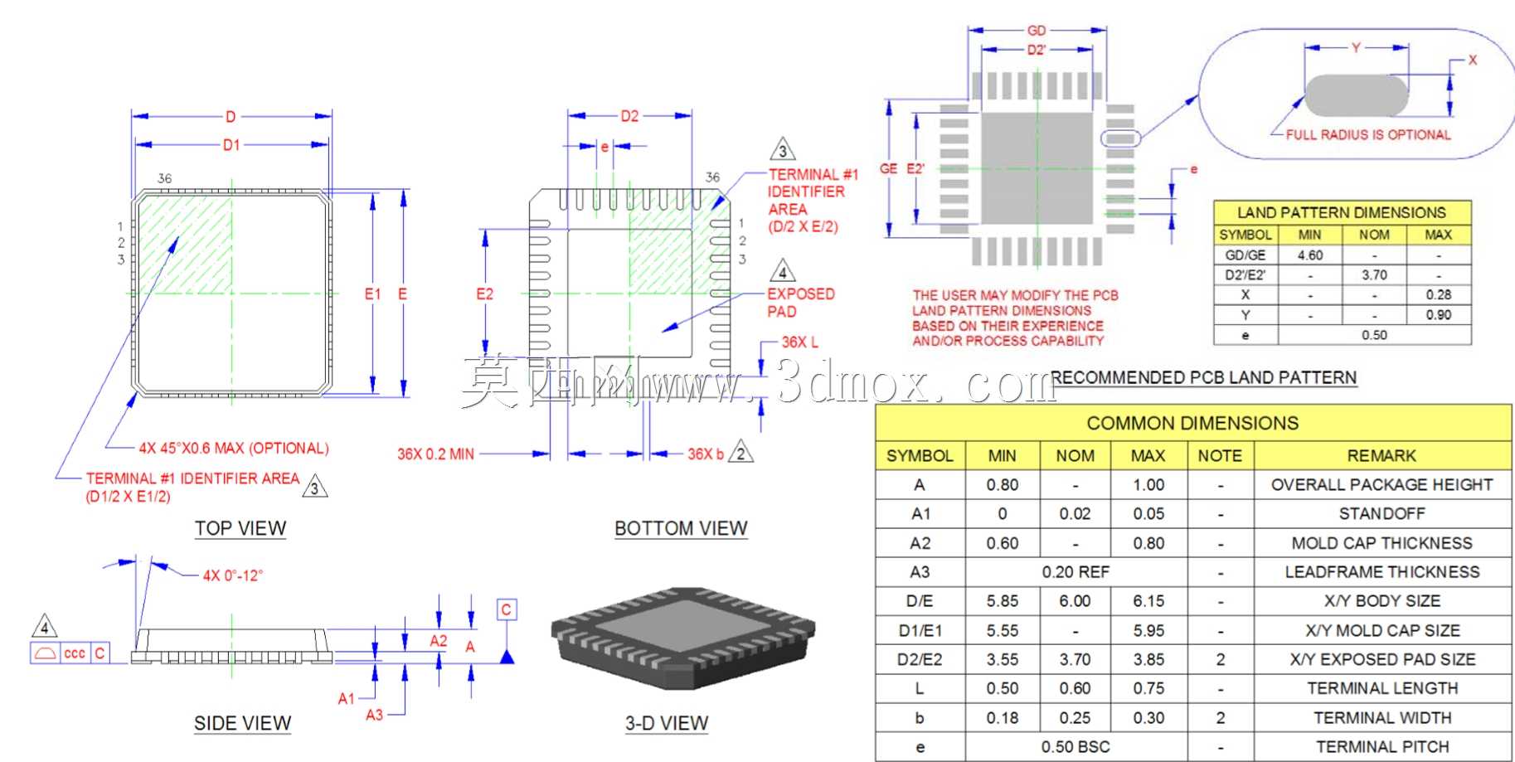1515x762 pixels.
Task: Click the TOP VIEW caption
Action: pyautogui.click(x=240, y=528)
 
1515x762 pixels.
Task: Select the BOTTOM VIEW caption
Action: pyautogui.click(x=681, y=528)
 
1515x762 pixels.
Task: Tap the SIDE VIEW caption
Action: pyautogui.click(x=242, y=723)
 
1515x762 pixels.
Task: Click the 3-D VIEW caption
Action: pyautogui.click(x=667, y=723)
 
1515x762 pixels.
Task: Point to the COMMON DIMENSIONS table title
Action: pyautogui.click(x=1192, y=423)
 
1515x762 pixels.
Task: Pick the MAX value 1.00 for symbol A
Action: pyautogui.click(x=1148, y=485)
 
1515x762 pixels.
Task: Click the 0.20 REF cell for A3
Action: pyautogui.click(x=1076, y=572)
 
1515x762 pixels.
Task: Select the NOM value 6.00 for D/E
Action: pyautogui.click(x=1075, y=601)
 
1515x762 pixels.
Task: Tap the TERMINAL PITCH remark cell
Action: pyautogui.click(x=1382, y=747)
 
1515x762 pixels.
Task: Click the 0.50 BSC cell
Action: pyautogui.click(x=1076, y=747)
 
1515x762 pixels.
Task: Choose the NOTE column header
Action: pyautogui.click(x=1220, y=456)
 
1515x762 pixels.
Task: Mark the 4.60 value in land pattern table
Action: pyautogui.click(x=1310, y=255)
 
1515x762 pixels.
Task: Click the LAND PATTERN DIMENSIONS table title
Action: pyautogui.click(x=1342, y=212)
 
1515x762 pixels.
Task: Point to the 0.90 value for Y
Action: pyautogui.click(x=1439, y=315)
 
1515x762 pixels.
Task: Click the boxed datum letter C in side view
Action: pyautogui.click(x=507, y=609)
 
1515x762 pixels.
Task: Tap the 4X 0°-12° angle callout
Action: pyautogui.click(x=233, y=575)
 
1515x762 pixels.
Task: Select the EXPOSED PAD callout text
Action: pyautogui.click(x=801, y=303)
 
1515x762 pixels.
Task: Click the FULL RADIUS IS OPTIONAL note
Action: pyautogui.click(x=1368, y=134)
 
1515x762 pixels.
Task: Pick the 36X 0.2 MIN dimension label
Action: pyautogui.click(x=435, y=454)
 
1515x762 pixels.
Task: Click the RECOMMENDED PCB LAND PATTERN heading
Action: pyautogui.click(x=1204, y=377)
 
